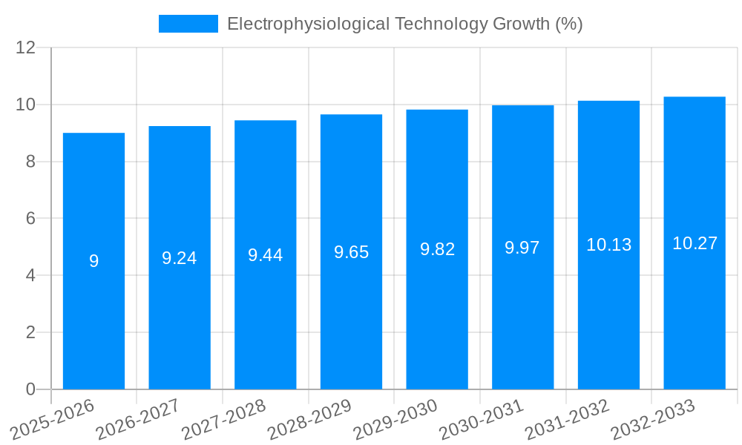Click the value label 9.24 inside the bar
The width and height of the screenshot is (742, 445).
(180, 258)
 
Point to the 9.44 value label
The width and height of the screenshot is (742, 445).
(265, 255)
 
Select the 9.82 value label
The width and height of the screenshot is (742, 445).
(437, 249)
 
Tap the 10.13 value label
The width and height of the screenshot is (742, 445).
(608, 245)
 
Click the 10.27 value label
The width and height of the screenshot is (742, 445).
(695, 243)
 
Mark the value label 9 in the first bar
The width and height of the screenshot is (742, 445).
(93, 261)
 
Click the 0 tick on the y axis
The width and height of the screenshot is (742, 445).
(30, 389)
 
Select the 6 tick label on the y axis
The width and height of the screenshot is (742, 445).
(30, 219)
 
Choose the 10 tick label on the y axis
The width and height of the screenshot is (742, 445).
(26, 105)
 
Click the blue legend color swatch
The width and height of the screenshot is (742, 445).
(188, 24)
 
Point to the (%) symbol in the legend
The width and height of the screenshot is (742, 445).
(569, 24)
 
